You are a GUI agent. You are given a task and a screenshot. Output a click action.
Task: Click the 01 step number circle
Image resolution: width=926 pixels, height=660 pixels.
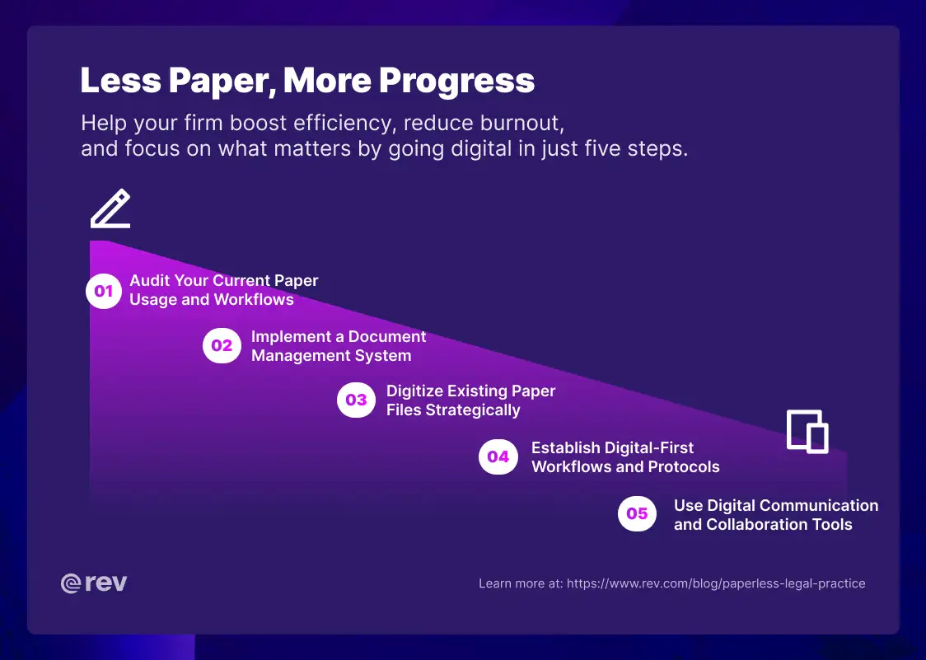(104, 291)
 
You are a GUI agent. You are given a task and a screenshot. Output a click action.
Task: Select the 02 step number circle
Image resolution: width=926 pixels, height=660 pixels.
(222, 346)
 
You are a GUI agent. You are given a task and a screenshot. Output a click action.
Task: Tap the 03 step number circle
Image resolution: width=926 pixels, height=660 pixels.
(356, 400)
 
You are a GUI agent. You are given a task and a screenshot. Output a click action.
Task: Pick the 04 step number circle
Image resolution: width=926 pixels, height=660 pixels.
(498, 456)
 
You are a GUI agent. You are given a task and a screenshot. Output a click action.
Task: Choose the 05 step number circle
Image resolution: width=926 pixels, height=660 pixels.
(637, 514)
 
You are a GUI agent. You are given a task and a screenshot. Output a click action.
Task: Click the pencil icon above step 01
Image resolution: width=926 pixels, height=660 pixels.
(110, 209)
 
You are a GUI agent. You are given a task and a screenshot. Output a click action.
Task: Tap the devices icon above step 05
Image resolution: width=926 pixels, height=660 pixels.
(807, 431)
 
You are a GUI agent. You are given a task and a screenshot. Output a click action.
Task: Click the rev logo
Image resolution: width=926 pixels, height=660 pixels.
(94, 583)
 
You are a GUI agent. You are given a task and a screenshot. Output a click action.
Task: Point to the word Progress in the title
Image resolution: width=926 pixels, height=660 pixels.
(457, 81)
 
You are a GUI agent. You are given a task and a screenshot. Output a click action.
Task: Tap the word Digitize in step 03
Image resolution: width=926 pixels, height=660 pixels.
(414, 391)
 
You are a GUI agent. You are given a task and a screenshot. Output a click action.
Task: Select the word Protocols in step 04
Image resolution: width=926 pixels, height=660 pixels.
(680, 466)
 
